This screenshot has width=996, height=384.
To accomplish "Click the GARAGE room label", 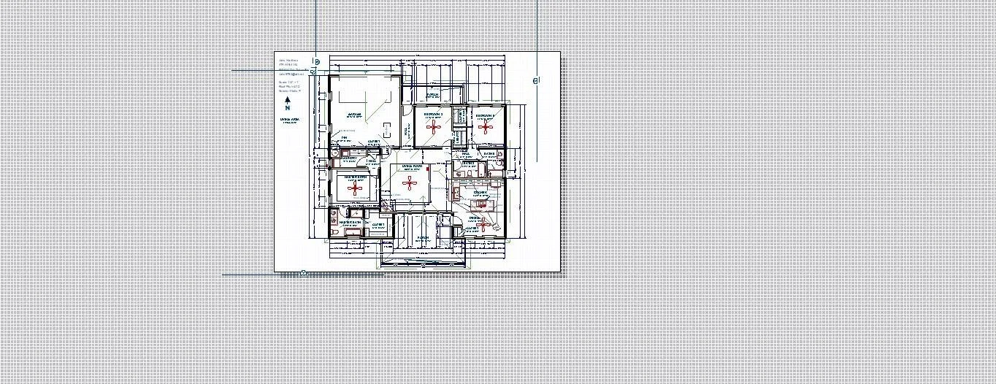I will point(354,115).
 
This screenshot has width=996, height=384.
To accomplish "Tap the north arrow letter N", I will point(288,107).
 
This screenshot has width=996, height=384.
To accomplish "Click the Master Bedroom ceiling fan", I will point(356,188).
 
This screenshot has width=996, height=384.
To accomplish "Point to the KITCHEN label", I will point(480,192).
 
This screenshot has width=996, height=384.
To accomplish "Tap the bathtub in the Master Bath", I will point(354,231).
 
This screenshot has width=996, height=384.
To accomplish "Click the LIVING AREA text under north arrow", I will point(289,118).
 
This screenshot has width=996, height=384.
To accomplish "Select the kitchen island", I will point(480,205).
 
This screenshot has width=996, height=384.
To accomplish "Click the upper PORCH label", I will point(432,95).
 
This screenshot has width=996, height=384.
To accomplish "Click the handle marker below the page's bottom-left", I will point(303,274).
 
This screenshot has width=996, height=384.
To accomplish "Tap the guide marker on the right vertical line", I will point(536,81).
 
